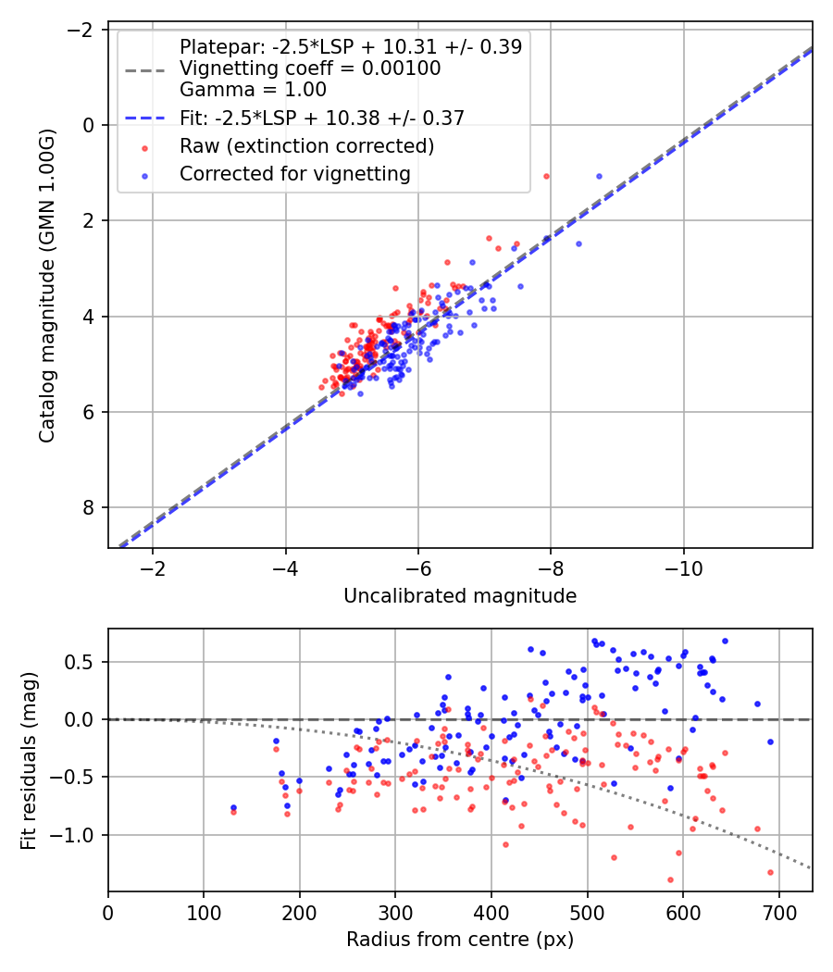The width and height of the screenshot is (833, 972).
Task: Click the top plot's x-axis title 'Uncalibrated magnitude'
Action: [460, 596]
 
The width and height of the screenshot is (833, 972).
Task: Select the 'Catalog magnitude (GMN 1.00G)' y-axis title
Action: [47, 285]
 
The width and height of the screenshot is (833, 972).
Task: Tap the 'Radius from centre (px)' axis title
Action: [460, 940]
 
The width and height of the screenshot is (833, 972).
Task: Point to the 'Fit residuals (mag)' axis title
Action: [29, 761]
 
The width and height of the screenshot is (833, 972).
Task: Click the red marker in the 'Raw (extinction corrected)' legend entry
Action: [145, 148]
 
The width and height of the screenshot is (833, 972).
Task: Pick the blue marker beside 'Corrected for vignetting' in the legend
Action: [145, 176]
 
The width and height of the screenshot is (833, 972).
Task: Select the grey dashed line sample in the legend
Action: [145, 70]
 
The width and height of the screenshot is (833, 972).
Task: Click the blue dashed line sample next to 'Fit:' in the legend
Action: [145, 118]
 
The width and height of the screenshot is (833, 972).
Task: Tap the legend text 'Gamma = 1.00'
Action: [253, 90]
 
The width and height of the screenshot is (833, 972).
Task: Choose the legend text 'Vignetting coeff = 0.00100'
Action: [310, 69]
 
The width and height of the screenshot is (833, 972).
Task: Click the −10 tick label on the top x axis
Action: [684, 568]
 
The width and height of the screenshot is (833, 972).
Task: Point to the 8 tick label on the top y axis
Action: [87, 507]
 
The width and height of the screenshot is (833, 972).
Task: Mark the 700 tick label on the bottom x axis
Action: [779, 913]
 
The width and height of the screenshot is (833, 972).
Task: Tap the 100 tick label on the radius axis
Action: [204, 913]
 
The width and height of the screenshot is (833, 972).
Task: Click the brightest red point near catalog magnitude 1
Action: [546, 177]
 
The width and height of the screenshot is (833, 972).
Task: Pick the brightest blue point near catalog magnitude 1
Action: [599, 177]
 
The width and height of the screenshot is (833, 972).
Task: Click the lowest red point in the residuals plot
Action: [670, 879]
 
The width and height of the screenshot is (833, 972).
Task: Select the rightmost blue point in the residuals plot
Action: [770, 742]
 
